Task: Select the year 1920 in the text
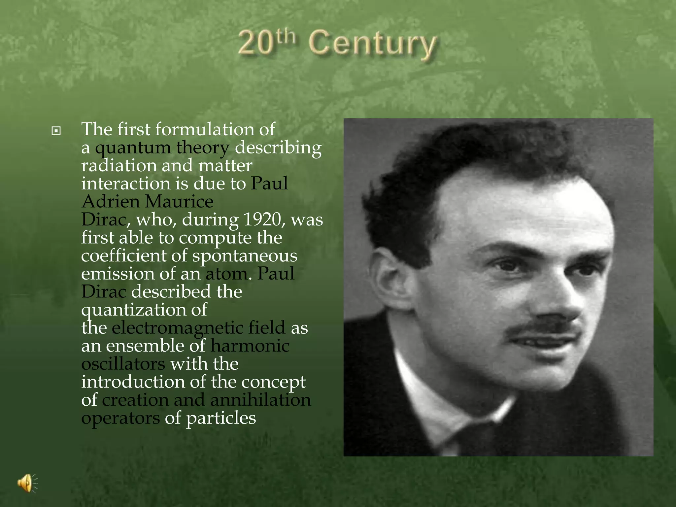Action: tap(262, 220)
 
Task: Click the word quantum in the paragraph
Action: tap(133, 148)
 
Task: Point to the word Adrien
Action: tap(110, 201)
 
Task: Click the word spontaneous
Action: tap(245, 256)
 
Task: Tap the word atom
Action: tap(226, 274)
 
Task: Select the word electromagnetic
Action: tap(198, 328)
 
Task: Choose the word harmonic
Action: tap(250, 346)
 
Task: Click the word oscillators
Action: tap(123, 364)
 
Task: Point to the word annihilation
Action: tap(260, 400)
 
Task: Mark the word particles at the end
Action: tap(221, 418)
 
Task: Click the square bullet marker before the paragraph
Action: tap(56, 131)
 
